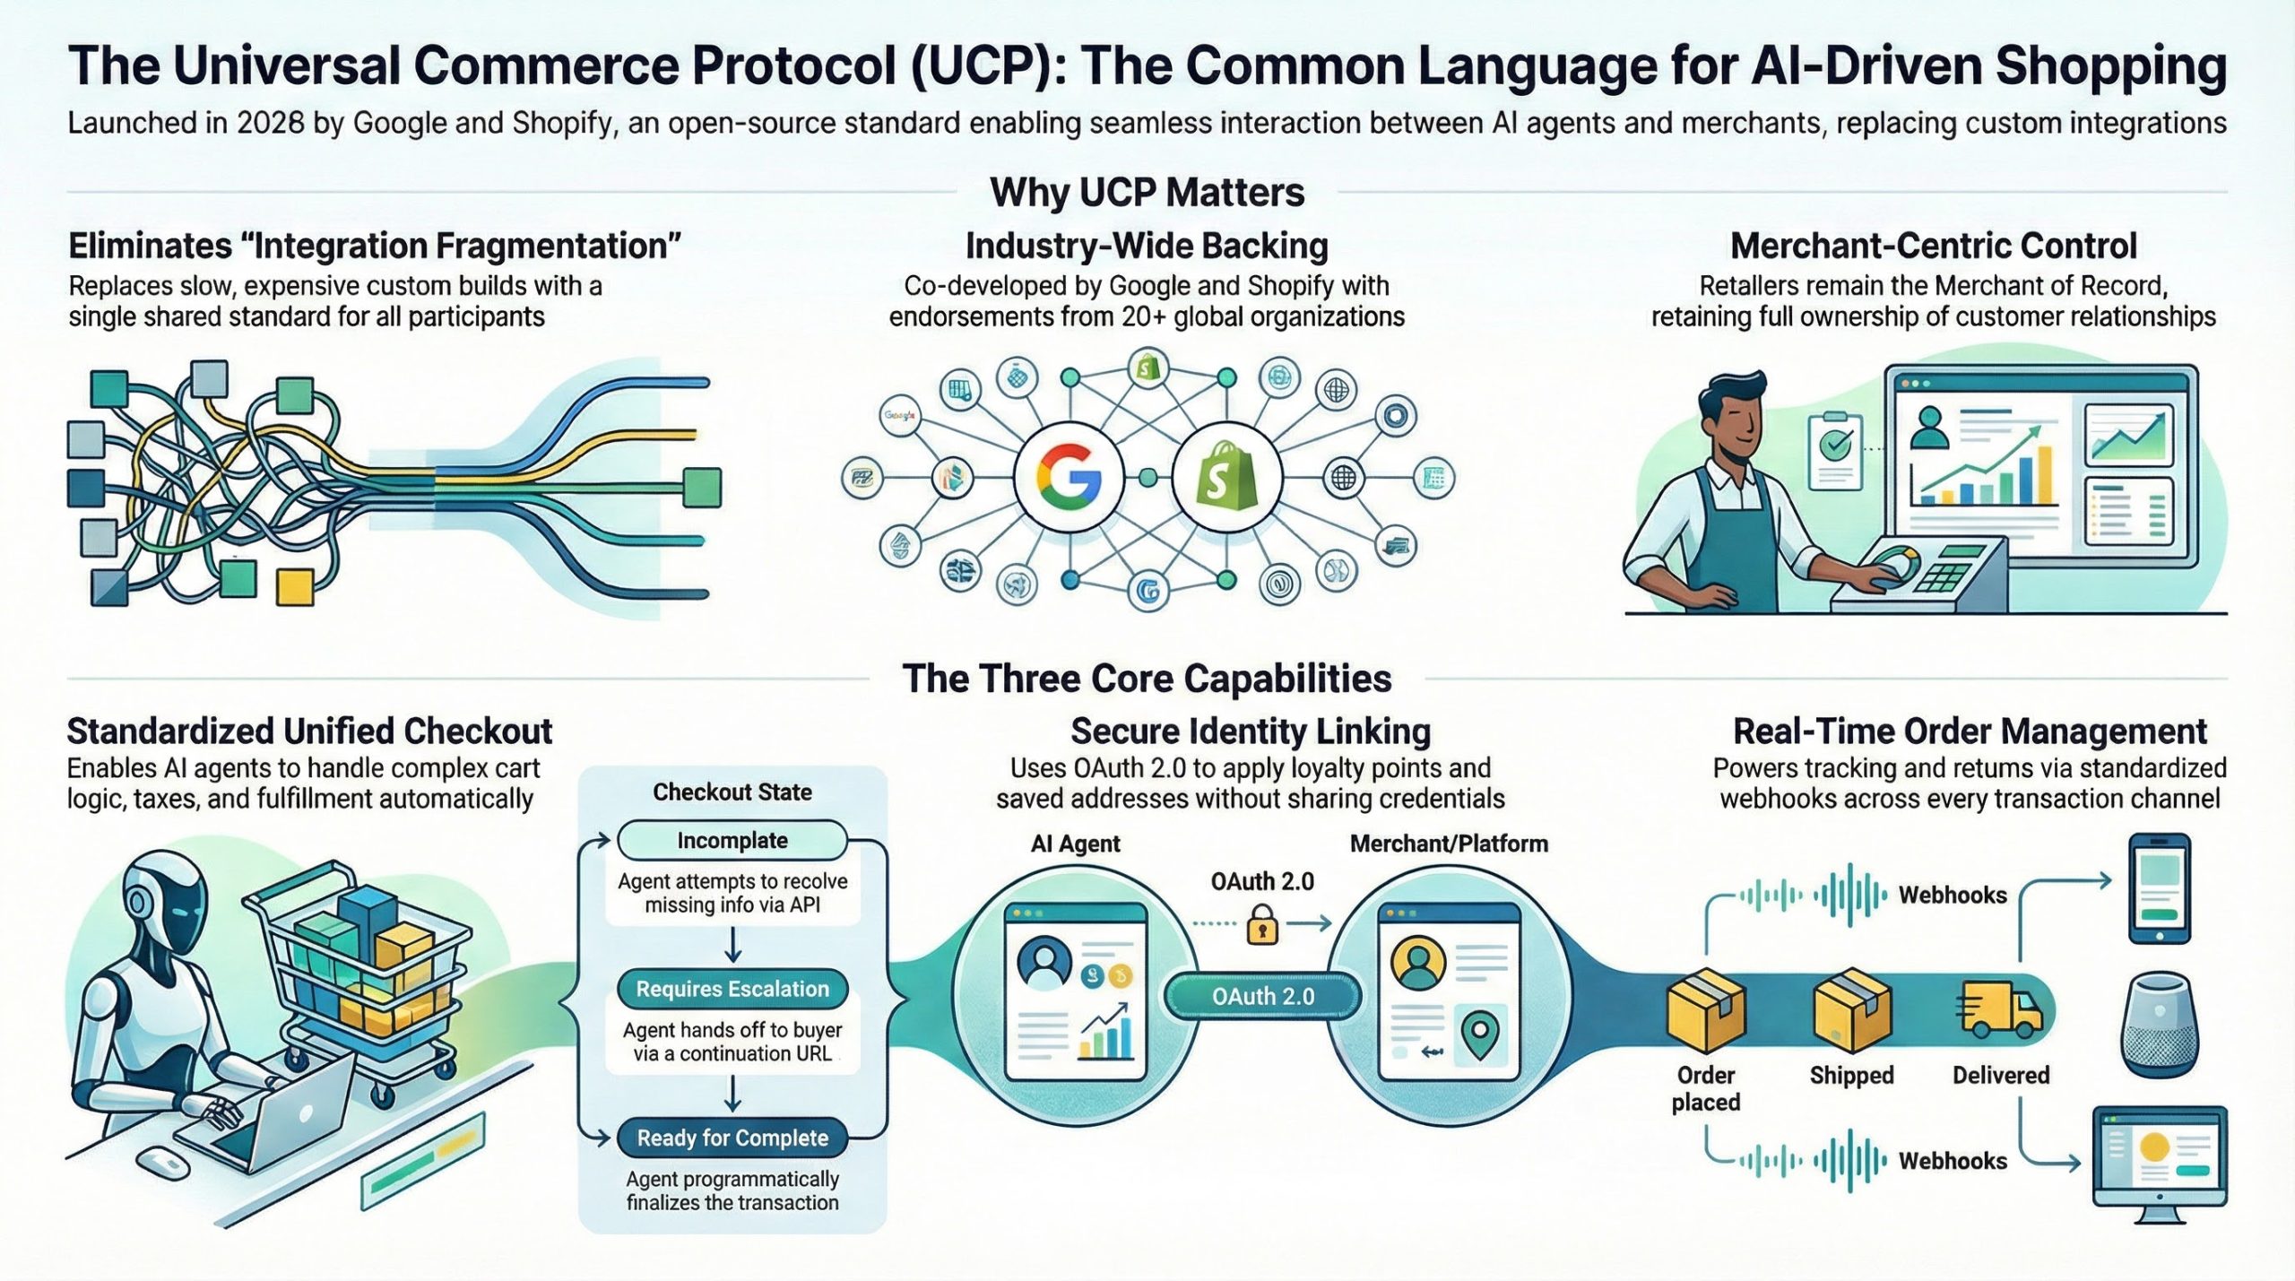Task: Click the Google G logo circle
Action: click(x=1069, y=477)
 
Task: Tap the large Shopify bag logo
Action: click(x=1225, y=477)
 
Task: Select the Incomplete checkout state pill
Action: click(x=732, y=841)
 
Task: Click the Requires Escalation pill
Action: click(x=732, y=989)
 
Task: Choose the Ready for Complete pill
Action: click(x=732, y=1138)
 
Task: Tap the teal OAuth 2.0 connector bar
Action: click(x=1262, y=996)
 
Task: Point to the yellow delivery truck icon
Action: click(x=2001, y=1008)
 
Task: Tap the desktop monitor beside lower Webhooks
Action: click(x=2158, y=1161)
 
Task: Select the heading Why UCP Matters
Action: click(x=1147, y=192)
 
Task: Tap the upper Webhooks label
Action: click(x=1953, y=895)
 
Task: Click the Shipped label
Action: click(x=1851, y=1075)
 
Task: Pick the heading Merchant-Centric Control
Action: click(x=1933, y=246)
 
